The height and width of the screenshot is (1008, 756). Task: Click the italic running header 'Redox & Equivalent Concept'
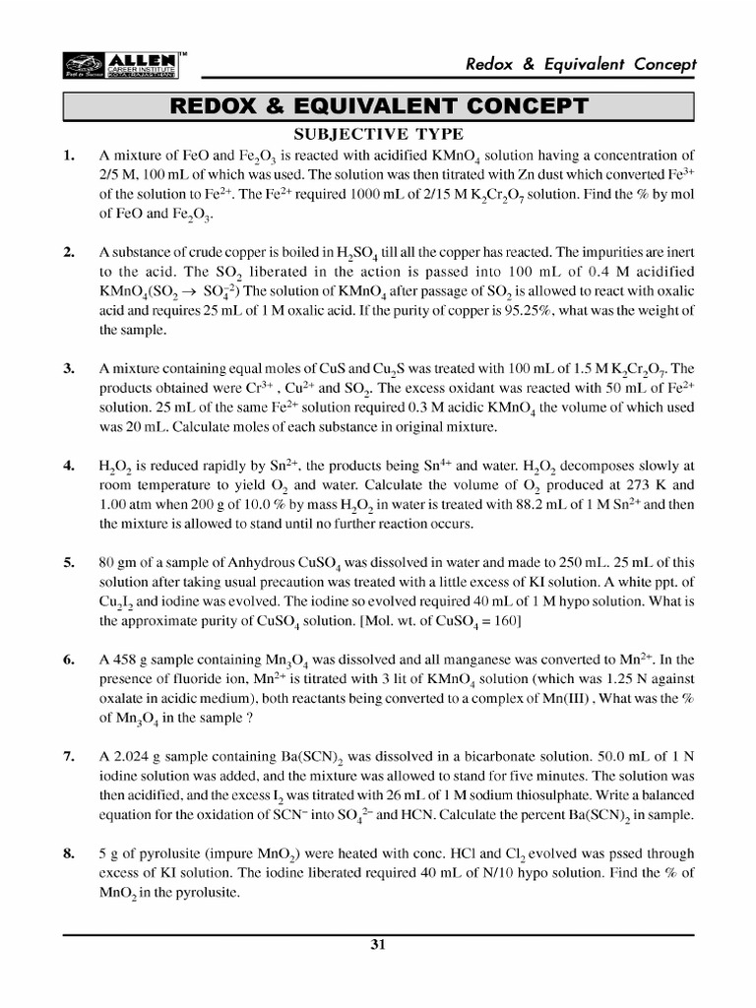point(582,64)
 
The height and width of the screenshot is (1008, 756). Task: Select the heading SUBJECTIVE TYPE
point(379,135)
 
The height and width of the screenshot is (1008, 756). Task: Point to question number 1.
point(69,156)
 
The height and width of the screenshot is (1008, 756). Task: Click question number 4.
point(69,466)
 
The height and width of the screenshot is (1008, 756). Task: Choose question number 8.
point(69,854)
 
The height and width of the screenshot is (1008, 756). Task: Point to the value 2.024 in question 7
point(130,757)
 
